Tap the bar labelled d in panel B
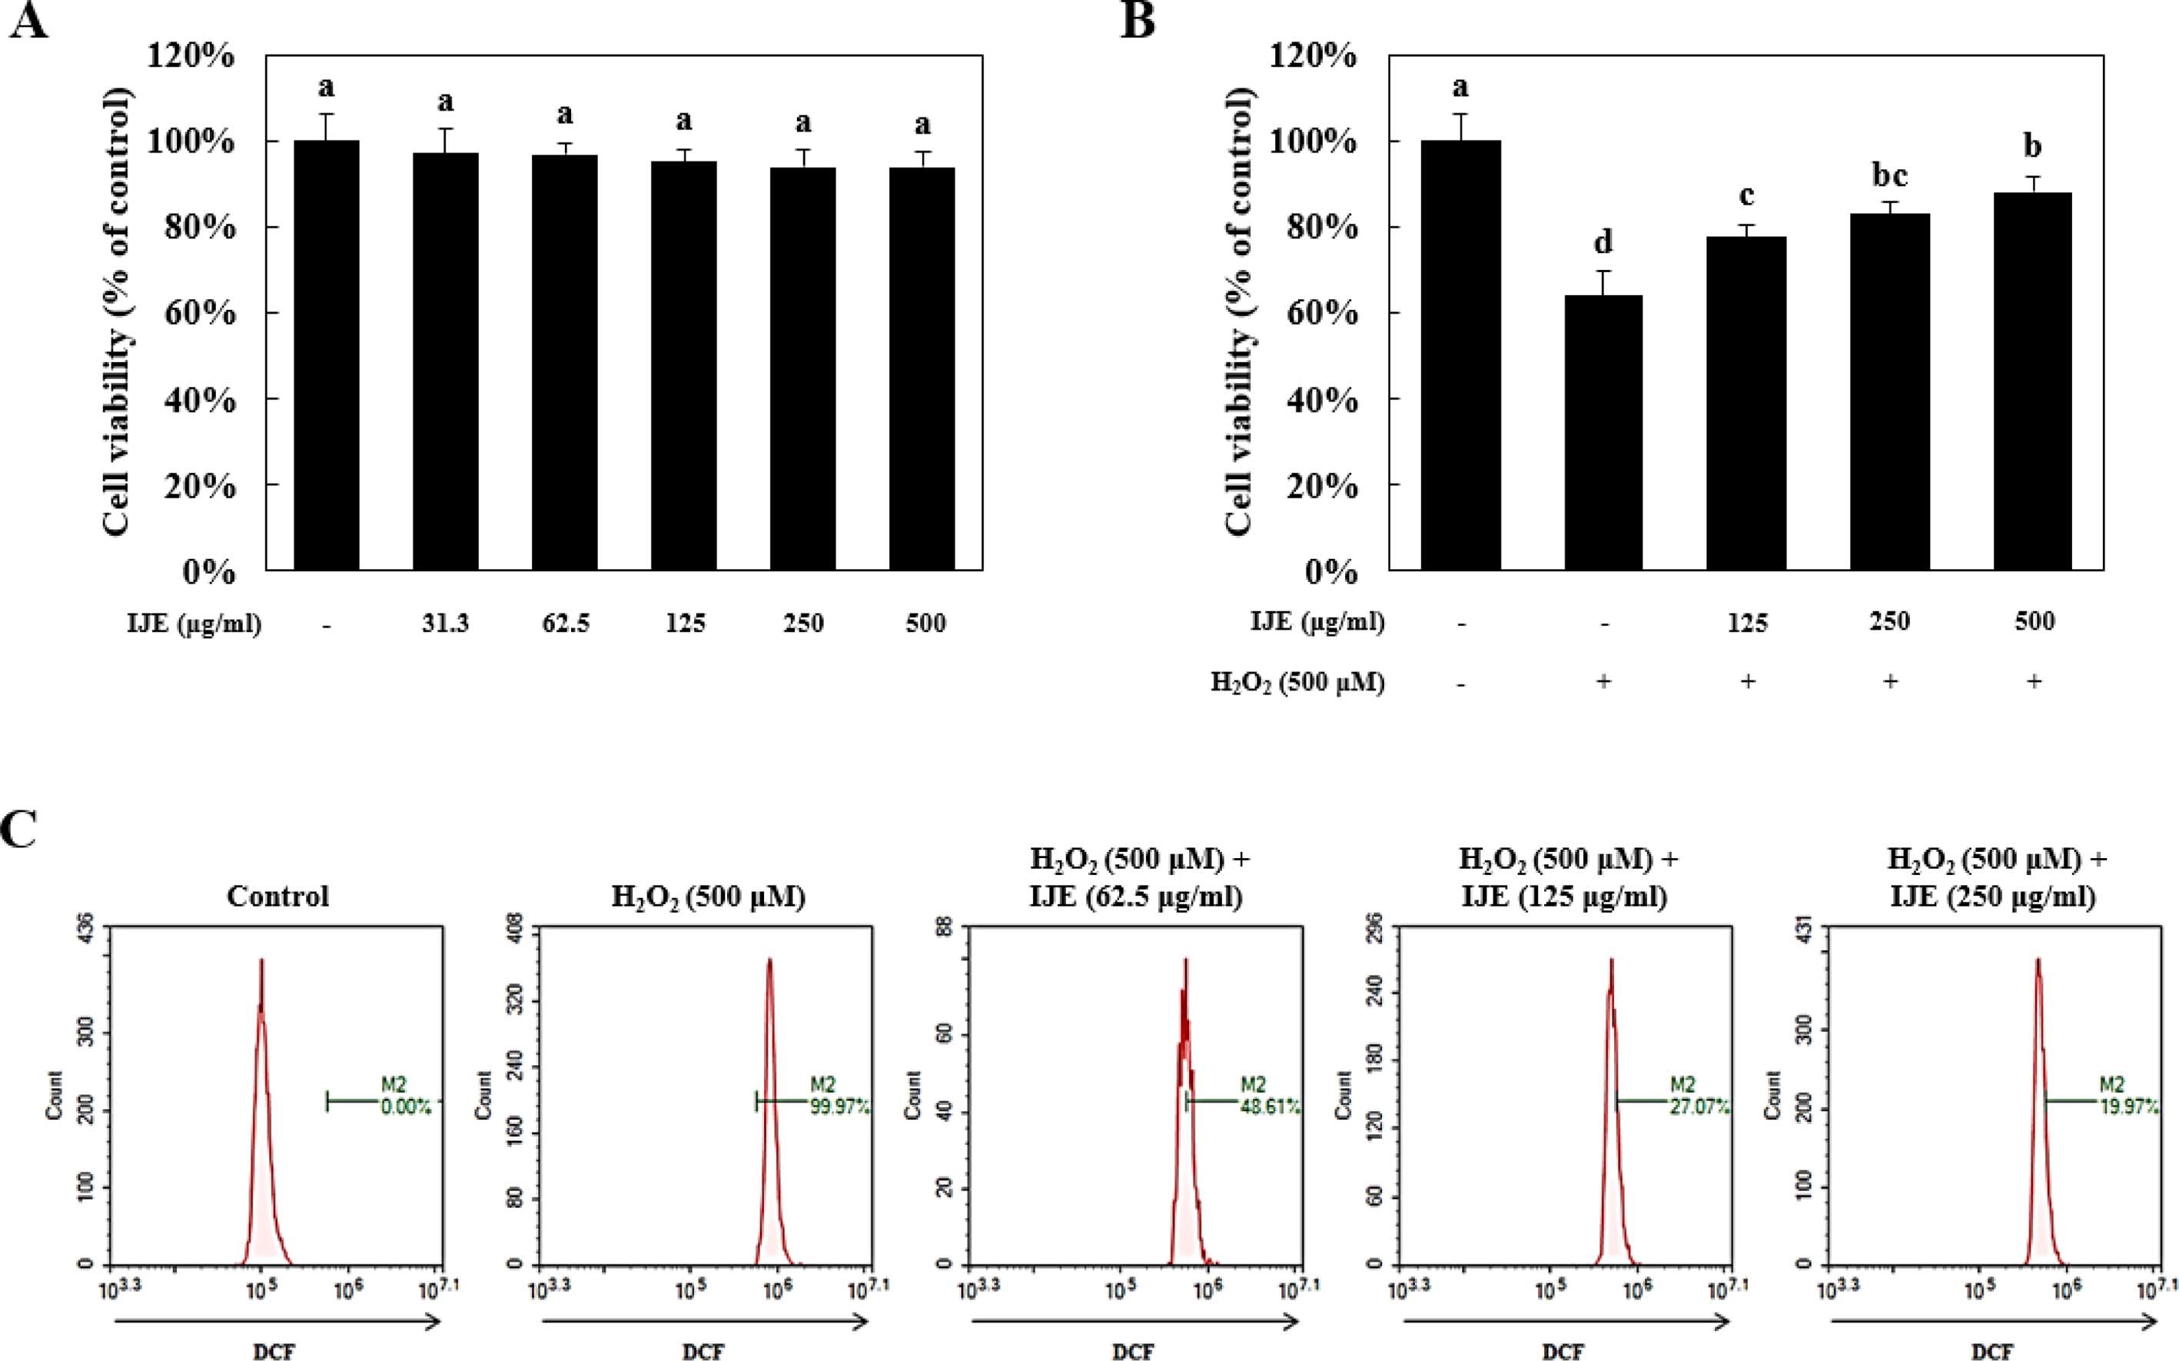pyautogui.click(x=1603, y=432)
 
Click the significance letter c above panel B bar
pyautogui.click(x=1746, y=195)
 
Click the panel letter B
pyautogui.click(x=1138, y=20)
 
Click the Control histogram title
pyautogui.click(x=278, y=897)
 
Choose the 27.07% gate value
pyautogui.click(x=1699, y=1108)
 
